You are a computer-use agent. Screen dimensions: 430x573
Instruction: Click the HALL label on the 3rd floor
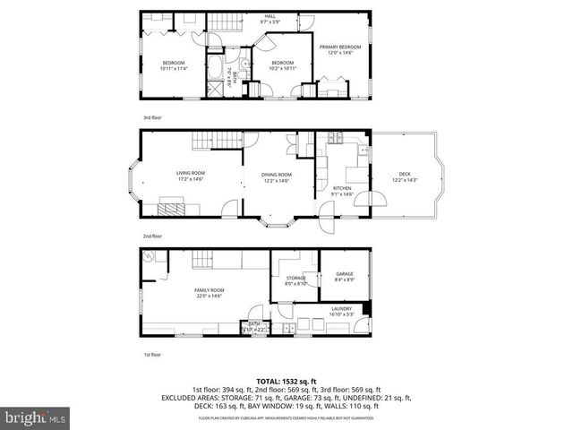(x=269, y=19)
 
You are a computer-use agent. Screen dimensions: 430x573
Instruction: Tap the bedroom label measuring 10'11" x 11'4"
(x=173, y=65)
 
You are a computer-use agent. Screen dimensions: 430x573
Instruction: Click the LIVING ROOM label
(x=190, y=176)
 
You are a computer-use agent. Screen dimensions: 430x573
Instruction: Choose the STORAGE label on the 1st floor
(x=296, y=280)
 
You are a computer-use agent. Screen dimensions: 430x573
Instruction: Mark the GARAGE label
(x=345, y=276)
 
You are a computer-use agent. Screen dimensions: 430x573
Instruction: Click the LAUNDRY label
(x=342, y=311)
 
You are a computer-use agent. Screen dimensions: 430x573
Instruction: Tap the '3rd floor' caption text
(x=153, y=116)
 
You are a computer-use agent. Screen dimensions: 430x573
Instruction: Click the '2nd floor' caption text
(x=153, y=236)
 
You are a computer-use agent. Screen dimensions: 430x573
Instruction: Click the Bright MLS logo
(x=36, y=417)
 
